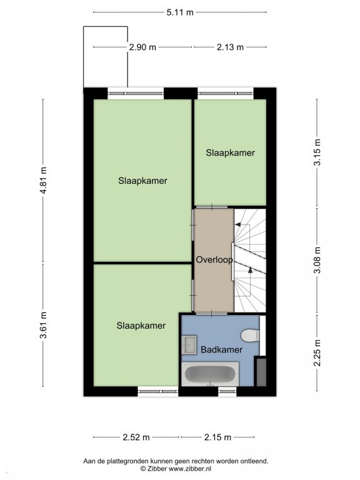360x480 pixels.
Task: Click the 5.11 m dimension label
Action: pyautogui.click(x=180, y=12)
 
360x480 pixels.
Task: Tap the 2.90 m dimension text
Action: pyautogui.click(x=142, y=47)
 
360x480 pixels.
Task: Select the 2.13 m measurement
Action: pyautogui.click(x=230, y=47)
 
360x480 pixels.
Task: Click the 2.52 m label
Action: pyautogui.click(x=136, y=437)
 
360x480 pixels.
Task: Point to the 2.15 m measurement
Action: pyautogui.click(x=217, y=437)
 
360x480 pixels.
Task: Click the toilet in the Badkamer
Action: pyautogui.click(x=250, y=336)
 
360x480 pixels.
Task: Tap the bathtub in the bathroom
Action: pyautogui.click(x=210, y=374)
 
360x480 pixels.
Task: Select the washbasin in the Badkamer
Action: pyautogui.click(x=189, y=345)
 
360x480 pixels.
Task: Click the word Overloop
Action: pyautogui.click(x=214, y=260)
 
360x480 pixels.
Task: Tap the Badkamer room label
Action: pyautogui.click(x=222, y=349)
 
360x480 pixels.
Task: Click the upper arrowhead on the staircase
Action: pyautogui.click(x=237, y=225)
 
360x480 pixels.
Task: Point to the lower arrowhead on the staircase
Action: pyautogui.click(x=251, y=270)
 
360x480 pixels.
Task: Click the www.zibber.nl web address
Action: pyautogui.click(x=190, y=468)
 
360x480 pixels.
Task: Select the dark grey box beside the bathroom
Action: pyautogui.click(x=261, y=372)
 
